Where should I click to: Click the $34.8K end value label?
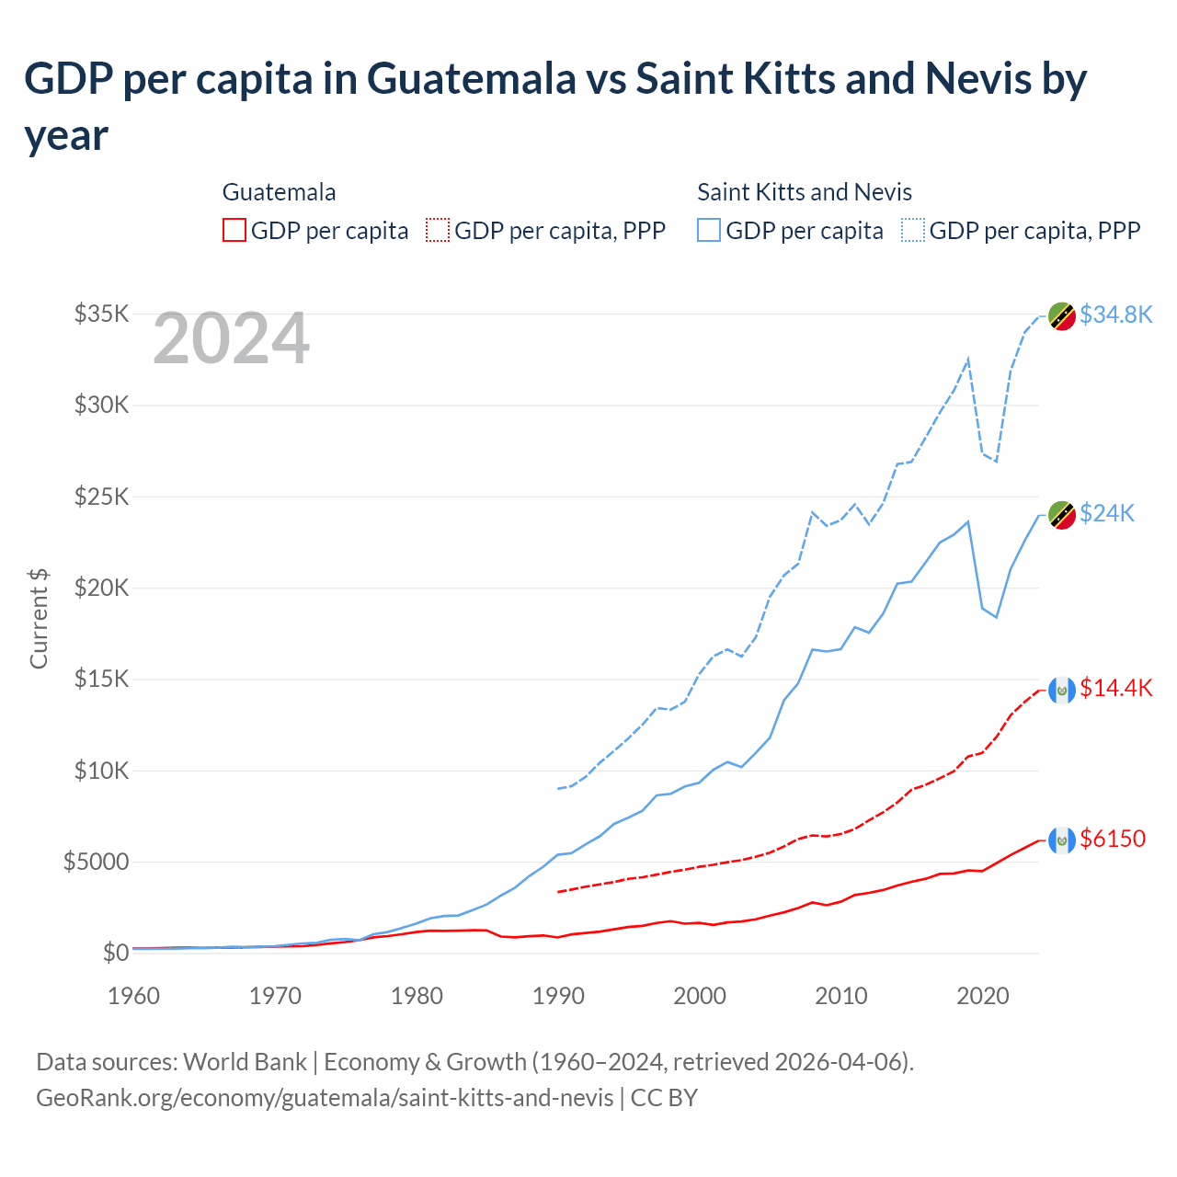[x=1115, y=314]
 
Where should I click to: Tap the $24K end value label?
[x=1107, y=513]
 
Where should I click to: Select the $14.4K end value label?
[x=1115, y=688]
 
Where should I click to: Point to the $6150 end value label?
[x=1113, y=839]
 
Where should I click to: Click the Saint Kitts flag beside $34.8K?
[x=1062, y=315]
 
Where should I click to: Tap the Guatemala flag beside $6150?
[x=1062, y=840]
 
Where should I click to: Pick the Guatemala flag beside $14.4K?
[x=1062, y=690]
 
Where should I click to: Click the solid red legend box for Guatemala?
[x=234, y=230]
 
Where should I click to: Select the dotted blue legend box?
[x=913, y=230]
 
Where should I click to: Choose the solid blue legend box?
[x=709, y=230]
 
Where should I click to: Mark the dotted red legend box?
[x=438, y=230]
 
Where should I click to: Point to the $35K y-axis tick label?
[x=101, y=314]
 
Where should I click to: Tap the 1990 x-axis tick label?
[x=558, y=996]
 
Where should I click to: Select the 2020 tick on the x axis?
[x=983, y=996]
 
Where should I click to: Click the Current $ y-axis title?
[x=39, y=618]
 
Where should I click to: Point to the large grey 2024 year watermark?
[x=231, y=338]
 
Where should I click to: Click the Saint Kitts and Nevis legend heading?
[x=805, y=192]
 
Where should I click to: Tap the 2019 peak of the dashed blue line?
[x=968, y=360]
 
